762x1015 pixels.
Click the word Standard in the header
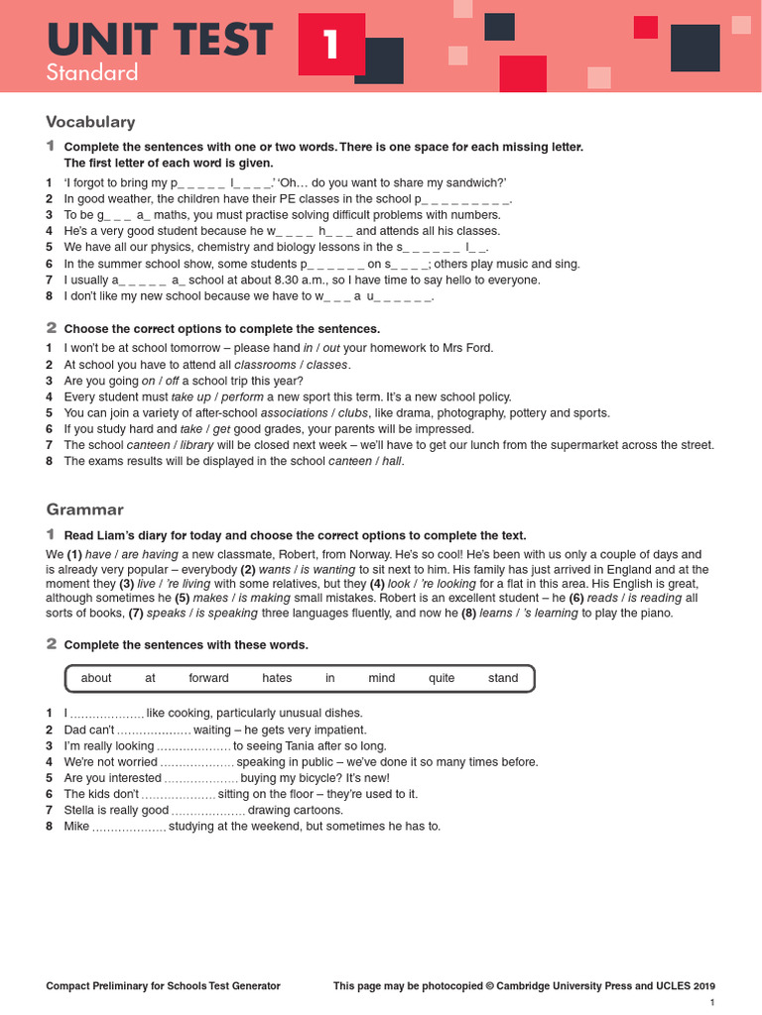92,72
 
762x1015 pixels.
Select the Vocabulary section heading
90,122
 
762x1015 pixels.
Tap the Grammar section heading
85,509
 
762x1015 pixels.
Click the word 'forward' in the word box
208,678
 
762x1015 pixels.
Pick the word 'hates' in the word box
277,678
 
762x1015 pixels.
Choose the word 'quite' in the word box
442,678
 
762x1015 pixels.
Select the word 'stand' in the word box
503,678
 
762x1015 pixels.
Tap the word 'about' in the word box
96,678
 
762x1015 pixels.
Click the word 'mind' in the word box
381,678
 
